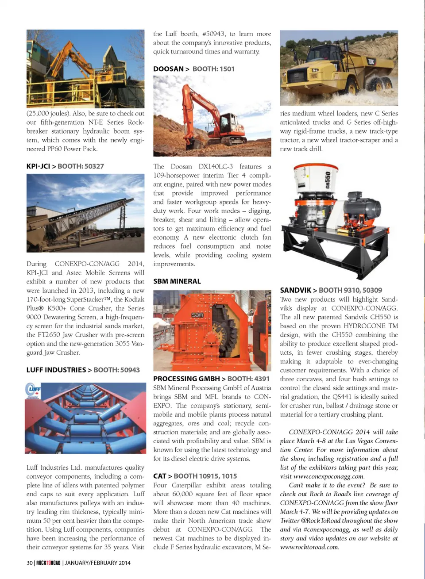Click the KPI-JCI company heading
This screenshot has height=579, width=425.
tap(38, 166)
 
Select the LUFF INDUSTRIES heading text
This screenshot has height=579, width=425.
tap(56, 370)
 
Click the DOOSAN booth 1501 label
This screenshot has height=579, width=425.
tap(213, 69)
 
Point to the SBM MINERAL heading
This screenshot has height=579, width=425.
tap(177, 281)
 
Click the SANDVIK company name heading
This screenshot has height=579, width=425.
tap(296, 290)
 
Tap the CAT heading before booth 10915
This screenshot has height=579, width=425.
tap(159, 476)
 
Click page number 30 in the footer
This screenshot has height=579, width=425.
tap(30, 563)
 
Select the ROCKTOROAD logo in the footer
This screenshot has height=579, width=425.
tap(48, 563)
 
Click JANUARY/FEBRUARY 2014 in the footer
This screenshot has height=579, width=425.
tap(98, 563)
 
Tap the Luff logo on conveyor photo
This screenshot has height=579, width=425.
tap(34, 390)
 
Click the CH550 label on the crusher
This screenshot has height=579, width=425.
tap(328, 180)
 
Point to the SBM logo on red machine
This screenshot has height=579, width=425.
tap(197, 314)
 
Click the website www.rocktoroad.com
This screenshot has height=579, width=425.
tap(309, 547)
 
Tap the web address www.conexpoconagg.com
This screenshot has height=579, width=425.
tap(328, 476)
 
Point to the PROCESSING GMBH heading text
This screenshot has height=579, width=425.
tap(186, 379)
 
